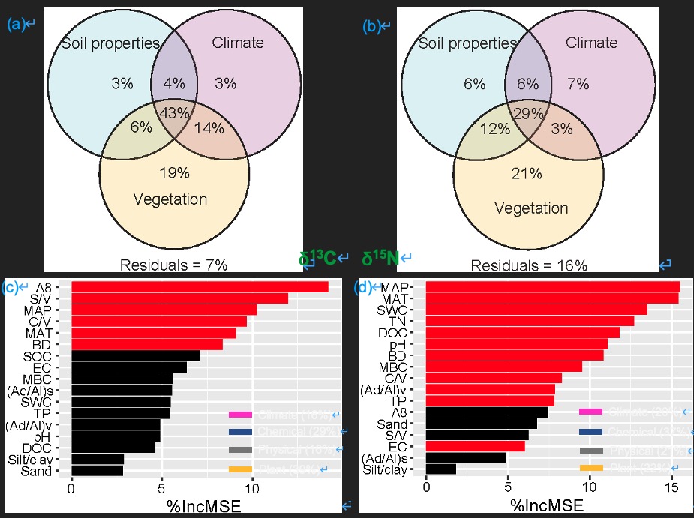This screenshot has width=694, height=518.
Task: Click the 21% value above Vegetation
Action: (526, 175)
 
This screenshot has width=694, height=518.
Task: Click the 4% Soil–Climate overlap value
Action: (174, 84)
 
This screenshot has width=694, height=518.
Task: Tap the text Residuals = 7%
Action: (173, 265)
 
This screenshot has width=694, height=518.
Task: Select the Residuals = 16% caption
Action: (529, 265)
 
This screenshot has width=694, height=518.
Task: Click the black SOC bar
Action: (135, 355)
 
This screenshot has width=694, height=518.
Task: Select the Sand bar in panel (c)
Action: (97, 471)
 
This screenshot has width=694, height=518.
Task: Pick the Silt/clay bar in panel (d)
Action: (441, 469)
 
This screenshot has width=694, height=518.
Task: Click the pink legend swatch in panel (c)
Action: (241, 415)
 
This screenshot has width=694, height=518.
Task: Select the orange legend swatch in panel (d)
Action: (591, 469)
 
